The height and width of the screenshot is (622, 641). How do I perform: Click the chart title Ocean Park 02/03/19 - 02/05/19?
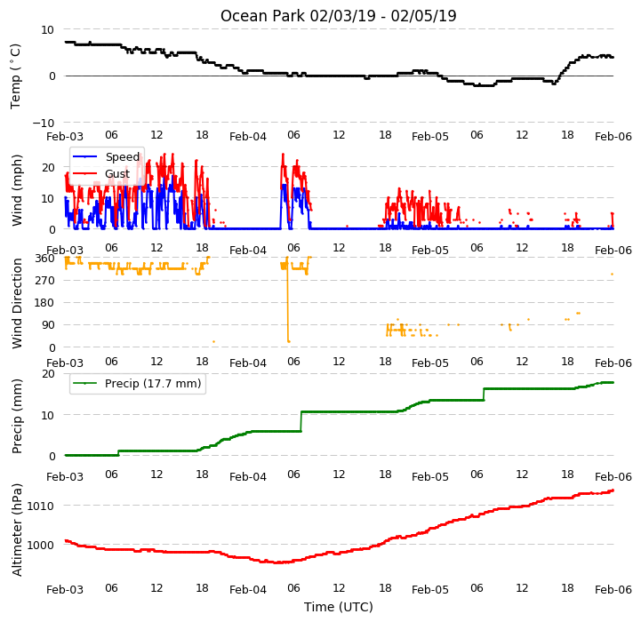point(338,16)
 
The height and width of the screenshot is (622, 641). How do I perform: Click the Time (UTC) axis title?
point(338,607)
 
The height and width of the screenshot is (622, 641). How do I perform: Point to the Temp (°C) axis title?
point(15,76)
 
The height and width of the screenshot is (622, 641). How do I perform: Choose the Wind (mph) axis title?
point(17,190)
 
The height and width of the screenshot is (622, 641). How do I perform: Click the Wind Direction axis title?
point(17,303)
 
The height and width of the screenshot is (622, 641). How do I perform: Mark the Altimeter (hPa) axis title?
point(17,530)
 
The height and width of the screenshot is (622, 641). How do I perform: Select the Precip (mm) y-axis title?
point(17,416)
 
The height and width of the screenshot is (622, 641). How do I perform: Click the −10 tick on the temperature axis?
point(44,123)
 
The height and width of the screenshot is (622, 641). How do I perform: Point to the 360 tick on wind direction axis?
point(45,259)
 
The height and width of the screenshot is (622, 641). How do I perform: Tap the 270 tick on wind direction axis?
point(45,281)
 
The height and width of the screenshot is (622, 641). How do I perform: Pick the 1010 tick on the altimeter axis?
point(40,506)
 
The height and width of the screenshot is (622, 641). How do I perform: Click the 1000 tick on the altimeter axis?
point(40,546)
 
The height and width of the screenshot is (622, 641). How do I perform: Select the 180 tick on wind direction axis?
point(45,303)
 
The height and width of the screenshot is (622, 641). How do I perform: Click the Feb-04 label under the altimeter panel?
point(248,590)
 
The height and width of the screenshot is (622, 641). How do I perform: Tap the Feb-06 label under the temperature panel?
point(613,137)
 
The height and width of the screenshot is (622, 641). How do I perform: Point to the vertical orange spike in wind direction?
point(288,300)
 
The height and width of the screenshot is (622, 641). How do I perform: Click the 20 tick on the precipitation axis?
point(48,374)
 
